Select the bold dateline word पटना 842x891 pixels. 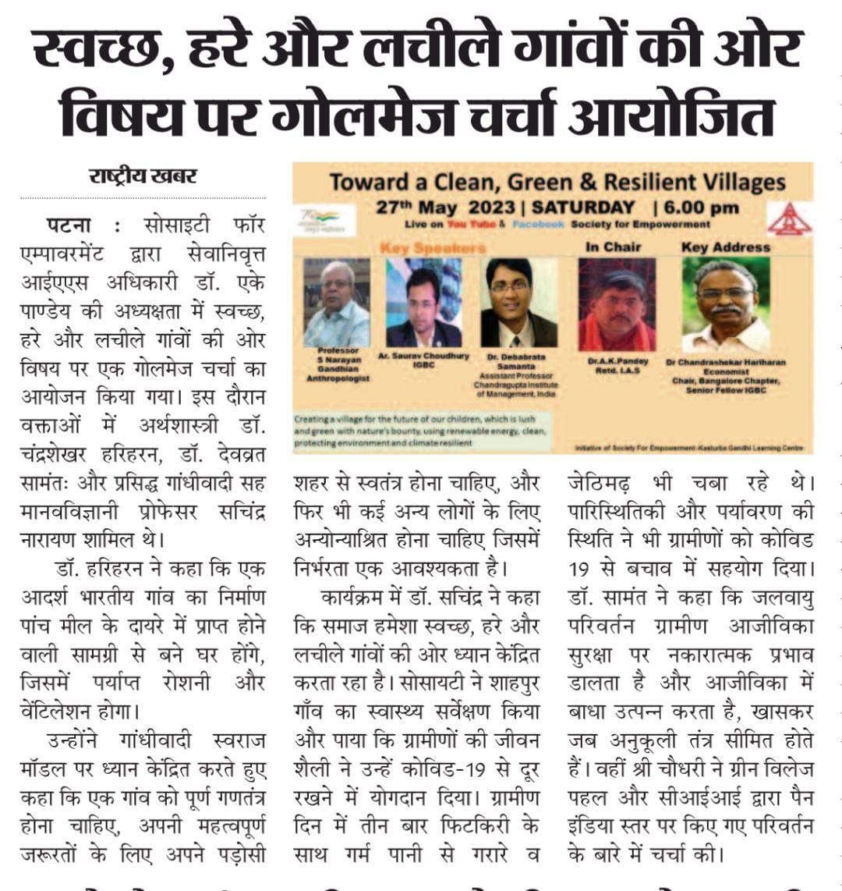click(x=69, y=225)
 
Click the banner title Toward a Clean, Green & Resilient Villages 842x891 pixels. click(x=557, y=182)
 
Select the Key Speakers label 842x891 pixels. click(x=432, y=247)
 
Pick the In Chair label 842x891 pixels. click(x=613, y=247)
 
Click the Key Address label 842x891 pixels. click(x=725, y=247)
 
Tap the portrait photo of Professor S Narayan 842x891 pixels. click(x=336, y=304)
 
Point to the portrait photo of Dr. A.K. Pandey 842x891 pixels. click(x=616, y=305)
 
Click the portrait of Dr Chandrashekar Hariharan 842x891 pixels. click(x=726, y=305)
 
